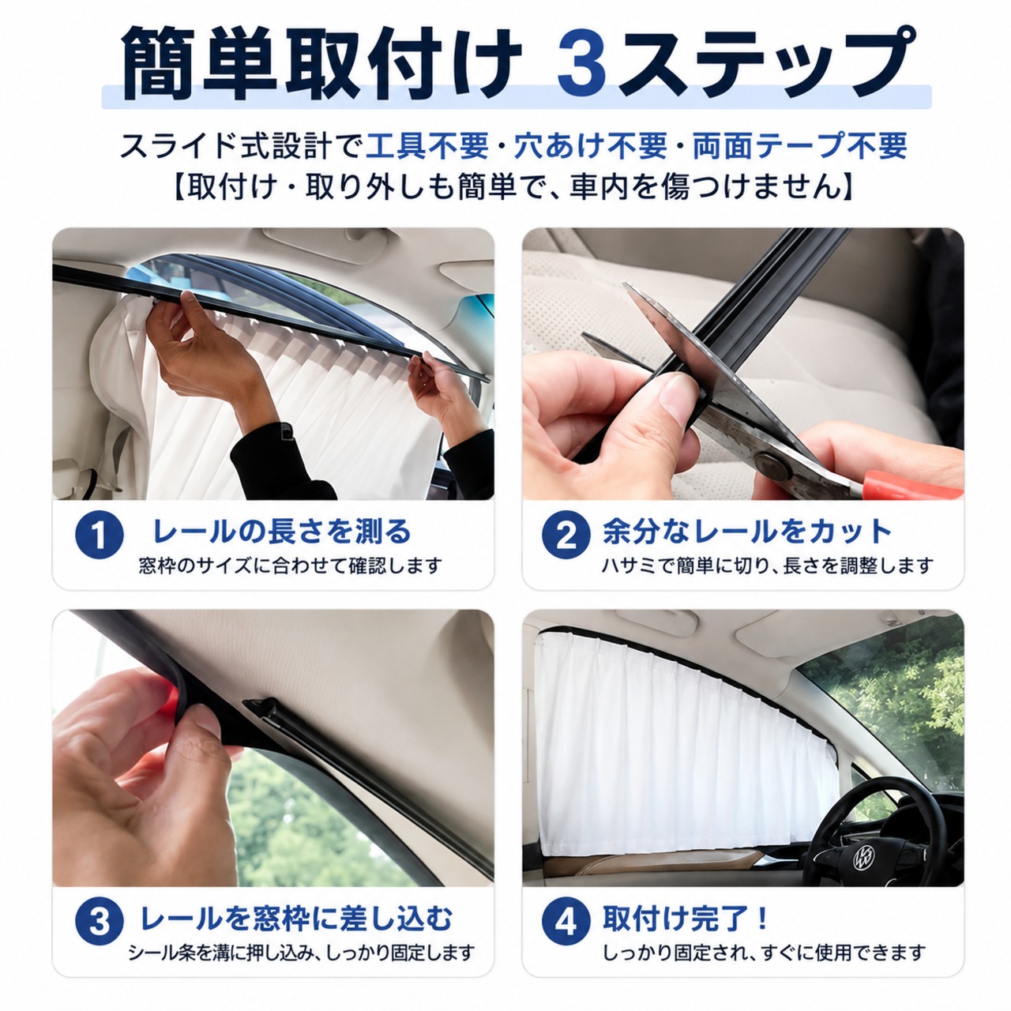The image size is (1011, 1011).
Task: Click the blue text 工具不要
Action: point(427,146)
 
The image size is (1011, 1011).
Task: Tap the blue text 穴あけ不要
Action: point(590,146)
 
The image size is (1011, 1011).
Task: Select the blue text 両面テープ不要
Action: point(799,146)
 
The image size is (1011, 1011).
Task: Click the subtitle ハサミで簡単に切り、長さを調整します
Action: point(768,566)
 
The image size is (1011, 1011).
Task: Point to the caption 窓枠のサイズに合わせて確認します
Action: point(290,566)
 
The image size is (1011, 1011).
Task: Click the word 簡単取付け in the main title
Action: point(321,64)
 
